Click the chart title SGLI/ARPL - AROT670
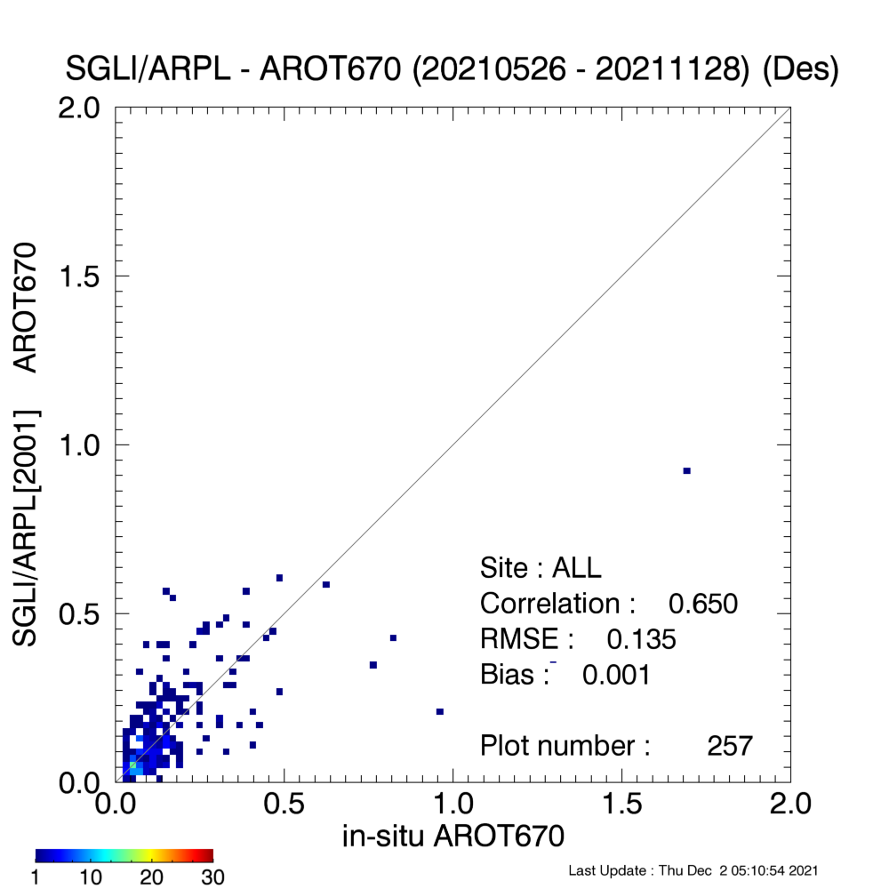click(233, 69)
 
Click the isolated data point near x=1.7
click(686, 470)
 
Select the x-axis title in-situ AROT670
click(453, 836)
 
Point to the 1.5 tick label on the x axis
click(622, 804)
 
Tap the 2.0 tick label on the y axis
click(79, 108)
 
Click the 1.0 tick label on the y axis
click(79, 445)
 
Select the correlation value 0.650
click(703, 604)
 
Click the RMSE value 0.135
click(641, 639)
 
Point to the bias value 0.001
click(616, 675)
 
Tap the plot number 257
click(730, 746)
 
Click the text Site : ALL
click(541, 567)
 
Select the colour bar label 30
click(212, 877)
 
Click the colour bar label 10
click(91, 877)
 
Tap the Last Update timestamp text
click(693, 870)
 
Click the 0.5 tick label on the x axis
click(284, 804)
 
